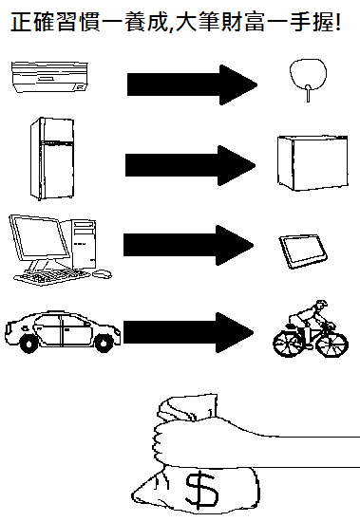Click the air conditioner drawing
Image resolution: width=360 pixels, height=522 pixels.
point(50,77)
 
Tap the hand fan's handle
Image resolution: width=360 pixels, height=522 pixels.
point(308,94)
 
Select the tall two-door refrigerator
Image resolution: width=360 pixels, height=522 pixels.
point(52,158)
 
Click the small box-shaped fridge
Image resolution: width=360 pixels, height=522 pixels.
point(313,163)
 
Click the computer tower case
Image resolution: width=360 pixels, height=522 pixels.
point(84,244)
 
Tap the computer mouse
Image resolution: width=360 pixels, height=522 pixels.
point(102,274)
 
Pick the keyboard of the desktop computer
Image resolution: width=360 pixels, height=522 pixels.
point(51,276)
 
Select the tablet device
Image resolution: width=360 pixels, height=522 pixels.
point(303,252)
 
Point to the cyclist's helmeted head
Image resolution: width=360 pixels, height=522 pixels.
point(321,305)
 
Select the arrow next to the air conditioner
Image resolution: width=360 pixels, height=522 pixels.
point(192,84)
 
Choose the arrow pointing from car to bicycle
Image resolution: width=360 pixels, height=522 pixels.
point(189,332)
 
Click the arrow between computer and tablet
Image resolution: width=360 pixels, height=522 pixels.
point(189,245)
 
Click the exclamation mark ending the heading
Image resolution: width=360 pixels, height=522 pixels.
point(338,23)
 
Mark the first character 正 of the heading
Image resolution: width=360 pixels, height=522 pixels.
point(22,23)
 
